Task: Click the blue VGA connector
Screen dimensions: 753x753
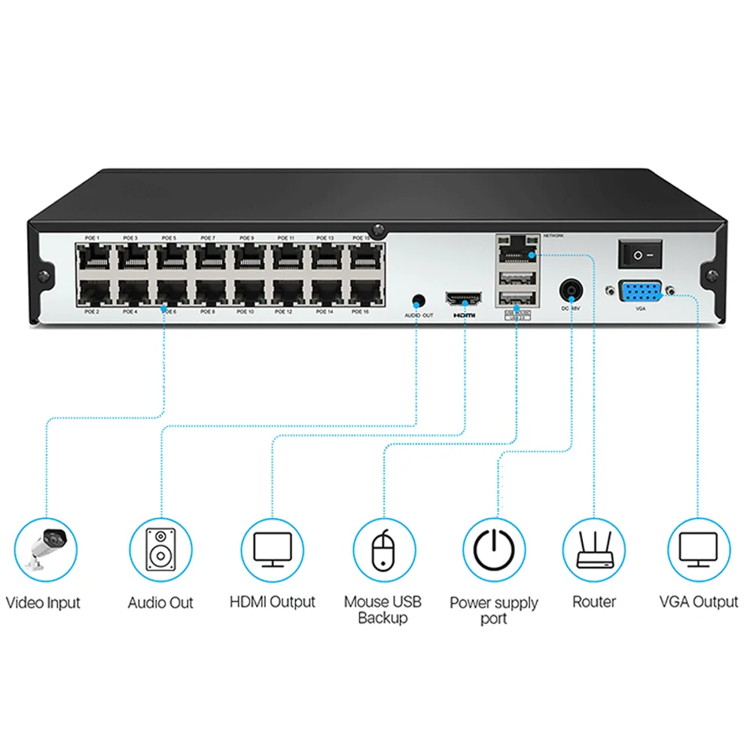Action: tap(640, 291)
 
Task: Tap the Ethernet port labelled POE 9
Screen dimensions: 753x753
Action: tap(247, 258)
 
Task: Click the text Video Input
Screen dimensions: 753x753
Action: tap(43, 602)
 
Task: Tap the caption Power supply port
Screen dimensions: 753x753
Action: tap(494, 611)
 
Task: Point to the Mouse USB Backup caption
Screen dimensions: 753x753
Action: tap(383, 610)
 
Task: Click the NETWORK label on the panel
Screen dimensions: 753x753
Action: tap(553, 236)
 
